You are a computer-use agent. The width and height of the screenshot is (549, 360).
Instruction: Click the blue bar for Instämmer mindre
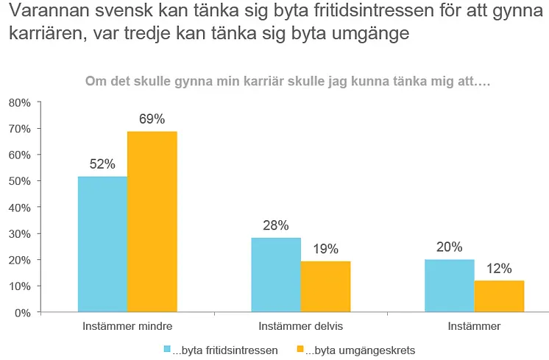click(102, 244)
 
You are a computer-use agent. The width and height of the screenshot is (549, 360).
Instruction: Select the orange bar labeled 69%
click(152, 222)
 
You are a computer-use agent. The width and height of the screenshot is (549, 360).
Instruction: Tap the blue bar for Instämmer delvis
click(276, 275)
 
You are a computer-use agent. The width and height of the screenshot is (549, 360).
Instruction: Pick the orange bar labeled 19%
click(325, 286)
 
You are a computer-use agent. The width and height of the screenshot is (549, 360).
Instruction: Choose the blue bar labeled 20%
click(450, 286)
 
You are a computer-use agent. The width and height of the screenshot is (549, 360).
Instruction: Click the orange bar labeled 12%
click(499, 296)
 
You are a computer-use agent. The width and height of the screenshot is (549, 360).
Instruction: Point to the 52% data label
click(102, 164)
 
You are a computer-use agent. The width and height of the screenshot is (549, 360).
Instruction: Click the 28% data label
click(276, 225)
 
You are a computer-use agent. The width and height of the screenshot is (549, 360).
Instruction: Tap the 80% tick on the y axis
click(20, 103)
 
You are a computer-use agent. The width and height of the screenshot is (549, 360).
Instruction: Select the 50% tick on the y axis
click(20, 181)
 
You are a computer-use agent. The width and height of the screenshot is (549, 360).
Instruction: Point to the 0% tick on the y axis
click(23, 313)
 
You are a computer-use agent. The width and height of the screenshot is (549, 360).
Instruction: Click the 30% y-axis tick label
click(20, 234)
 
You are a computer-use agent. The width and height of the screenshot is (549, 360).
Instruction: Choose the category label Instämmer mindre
click(127, 326)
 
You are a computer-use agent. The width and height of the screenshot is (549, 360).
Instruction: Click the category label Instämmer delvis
click(301, 326)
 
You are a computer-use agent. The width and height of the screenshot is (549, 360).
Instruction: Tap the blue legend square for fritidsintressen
click(167, 349)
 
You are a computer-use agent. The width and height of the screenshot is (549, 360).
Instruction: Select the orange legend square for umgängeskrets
click(300, 349)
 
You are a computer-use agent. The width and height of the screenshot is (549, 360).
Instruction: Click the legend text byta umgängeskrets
click(361, 350)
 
